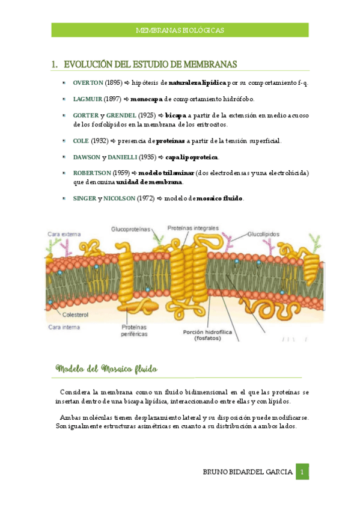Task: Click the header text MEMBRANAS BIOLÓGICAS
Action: coord(180,29)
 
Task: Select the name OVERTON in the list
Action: coord(88,82)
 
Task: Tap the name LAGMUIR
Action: coord(87,98)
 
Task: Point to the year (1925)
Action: coord(147,114)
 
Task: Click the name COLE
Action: coord(81,140)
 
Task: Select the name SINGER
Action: coord(84,198)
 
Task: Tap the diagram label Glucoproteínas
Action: coord(130,229)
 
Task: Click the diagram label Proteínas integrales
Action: coord(192,229)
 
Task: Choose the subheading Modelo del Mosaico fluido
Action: coord(106,367)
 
